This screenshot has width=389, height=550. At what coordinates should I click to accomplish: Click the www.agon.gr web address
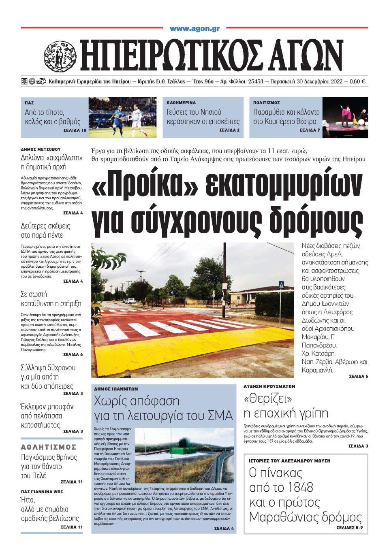pos(194,28)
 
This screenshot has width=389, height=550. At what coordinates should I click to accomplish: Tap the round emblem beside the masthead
pos(60,57)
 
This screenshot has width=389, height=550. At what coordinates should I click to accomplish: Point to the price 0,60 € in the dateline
pos(357,81)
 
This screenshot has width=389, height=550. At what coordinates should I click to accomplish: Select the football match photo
pos(122,117)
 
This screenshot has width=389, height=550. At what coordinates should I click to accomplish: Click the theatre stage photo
pos(345,117)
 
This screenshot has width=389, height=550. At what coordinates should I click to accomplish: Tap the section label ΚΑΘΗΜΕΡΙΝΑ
pos(181,103)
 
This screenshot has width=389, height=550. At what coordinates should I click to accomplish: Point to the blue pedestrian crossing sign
pos(281,285)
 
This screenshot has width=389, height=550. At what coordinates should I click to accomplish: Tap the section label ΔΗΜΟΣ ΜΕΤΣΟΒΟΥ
pos(41,149)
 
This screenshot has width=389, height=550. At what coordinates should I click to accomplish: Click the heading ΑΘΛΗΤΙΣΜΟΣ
pos(49,447)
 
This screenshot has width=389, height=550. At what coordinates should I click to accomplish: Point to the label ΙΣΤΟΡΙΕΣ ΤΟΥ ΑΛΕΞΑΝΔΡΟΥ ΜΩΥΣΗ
pos(289,461)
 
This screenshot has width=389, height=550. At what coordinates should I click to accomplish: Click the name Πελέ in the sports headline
pos(38,475)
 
